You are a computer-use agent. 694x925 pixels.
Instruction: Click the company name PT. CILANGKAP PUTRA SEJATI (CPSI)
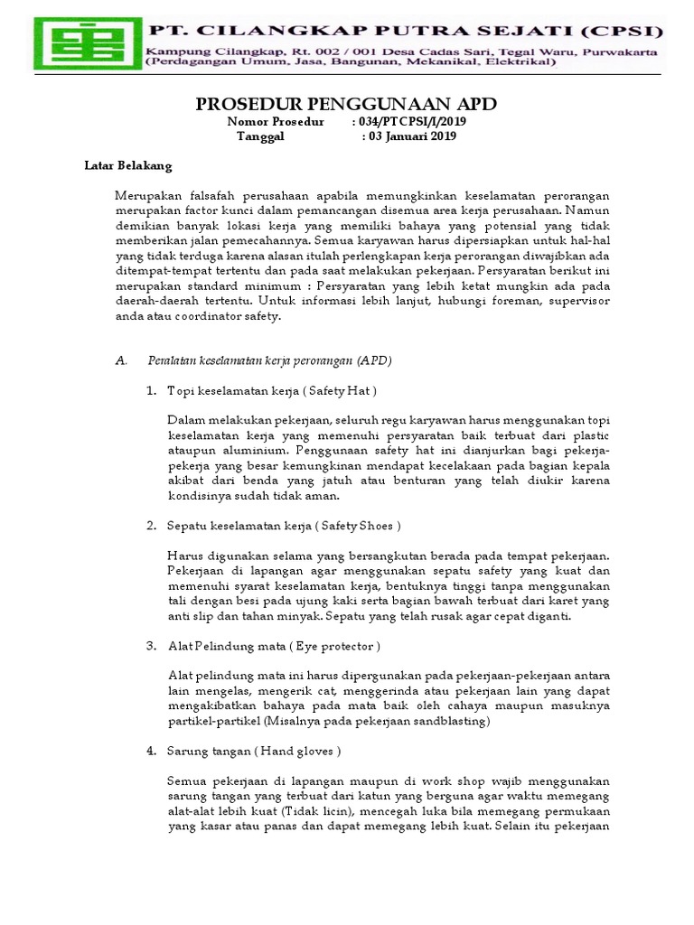[404, 32]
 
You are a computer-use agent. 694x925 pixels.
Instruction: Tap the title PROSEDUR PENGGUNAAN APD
[346, 103]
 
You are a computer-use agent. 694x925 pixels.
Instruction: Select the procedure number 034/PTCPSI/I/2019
[412, 121]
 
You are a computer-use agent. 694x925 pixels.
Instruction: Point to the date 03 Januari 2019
[412, 136]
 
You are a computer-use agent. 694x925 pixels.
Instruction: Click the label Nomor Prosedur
[275, 121]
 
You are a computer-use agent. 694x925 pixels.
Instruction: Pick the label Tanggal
[260, 136]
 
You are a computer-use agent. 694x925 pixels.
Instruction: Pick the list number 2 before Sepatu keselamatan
[151, 525]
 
